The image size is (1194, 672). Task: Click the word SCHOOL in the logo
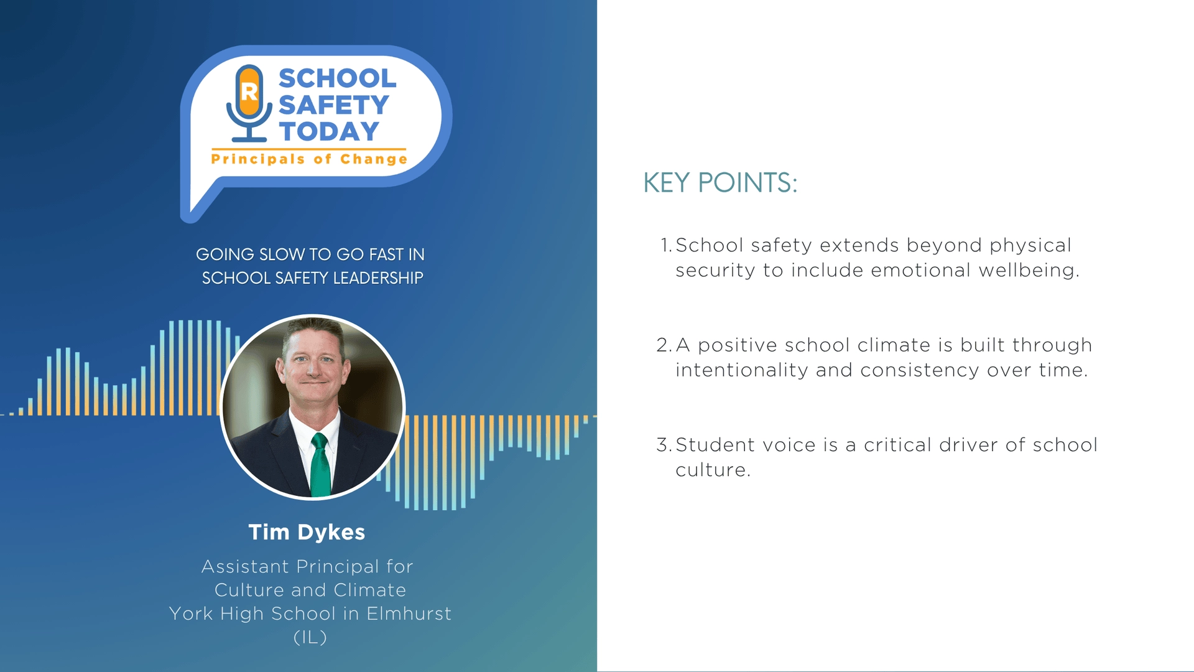[x=337, y=78]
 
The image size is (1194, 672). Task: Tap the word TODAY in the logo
[x=329, y=132]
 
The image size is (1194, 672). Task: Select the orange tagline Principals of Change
[x=309, y=159]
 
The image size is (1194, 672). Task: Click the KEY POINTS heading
[x=720, y=183]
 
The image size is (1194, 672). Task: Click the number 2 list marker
[x=664, y=345]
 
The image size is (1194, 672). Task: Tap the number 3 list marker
[x=664, y=445]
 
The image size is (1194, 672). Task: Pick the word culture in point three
[x=713, y=470]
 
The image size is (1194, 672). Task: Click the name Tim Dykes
[x=307, y=533]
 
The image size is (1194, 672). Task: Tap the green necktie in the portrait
[x=320, y=466]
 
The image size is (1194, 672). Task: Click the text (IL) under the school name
[x=310, y=637]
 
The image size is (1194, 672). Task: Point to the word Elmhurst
[x=409, y=614]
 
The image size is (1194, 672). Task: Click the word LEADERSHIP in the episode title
[x=378, y=278]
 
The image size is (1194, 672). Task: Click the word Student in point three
[x=715, y=445]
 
